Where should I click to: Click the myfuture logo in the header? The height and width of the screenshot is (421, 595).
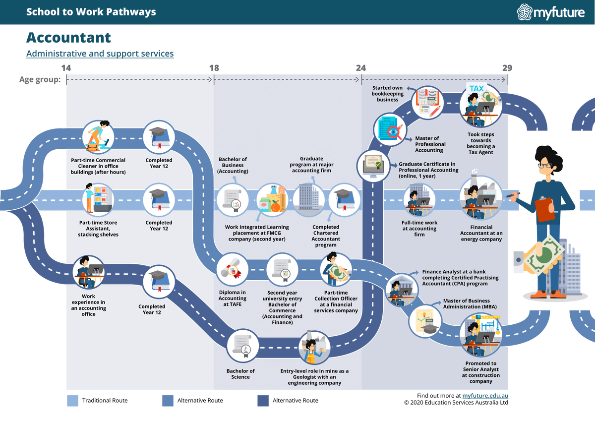(x=551, y=12)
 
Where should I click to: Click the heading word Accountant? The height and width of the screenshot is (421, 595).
(x=68, y=38)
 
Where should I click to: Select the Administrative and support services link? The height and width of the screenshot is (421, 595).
(x=100, y=54)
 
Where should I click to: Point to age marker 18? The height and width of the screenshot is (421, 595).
(x=214, y=68)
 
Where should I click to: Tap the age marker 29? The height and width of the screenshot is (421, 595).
(x=507, y=68)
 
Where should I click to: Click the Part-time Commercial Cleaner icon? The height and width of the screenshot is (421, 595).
(x=98, y=136)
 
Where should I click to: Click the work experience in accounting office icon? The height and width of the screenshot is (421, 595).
(x=88, y=272)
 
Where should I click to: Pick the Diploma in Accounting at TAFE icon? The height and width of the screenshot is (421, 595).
(x=232, y=272)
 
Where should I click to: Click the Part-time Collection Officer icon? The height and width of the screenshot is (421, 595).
(x=336, y=272)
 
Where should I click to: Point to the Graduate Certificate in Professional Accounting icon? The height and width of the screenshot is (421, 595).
(x=372, y=165)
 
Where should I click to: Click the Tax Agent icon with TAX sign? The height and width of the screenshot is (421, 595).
(x=480, y=105)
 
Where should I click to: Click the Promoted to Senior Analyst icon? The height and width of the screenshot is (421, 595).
(x=480, y=335)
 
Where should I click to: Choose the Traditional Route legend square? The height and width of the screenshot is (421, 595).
(x=73, y=401)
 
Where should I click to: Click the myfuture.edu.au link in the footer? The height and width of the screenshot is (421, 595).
(x=485, y=396)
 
